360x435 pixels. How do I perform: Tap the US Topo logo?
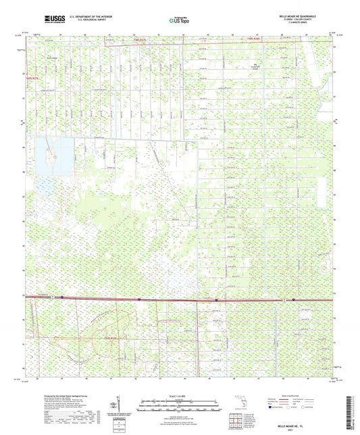(x=177, y=21)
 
